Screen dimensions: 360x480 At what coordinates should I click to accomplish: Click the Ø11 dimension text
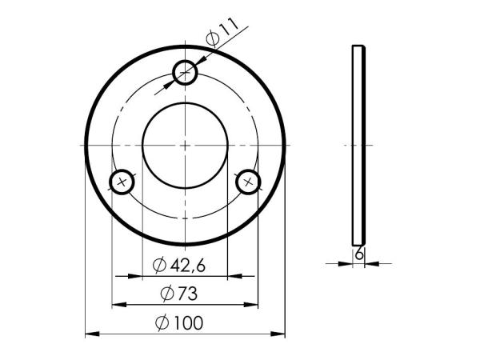click(x=223, y=33)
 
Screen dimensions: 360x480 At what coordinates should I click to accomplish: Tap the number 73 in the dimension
click(x=187, y=294)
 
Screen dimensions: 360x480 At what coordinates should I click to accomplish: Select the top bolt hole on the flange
click(x=185, y=73)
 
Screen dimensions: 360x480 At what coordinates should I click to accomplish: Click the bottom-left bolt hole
click(x=122, y=182)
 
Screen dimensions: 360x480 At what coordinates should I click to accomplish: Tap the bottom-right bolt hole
click(x=248, y=182)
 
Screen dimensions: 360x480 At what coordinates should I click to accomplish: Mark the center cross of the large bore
click(x=185, y=145)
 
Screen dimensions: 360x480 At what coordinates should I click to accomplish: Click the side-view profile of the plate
click(x=359, y=145)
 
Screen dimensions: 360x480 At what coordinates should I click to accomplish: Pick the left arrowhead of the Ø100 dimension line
click(x=90, y=333)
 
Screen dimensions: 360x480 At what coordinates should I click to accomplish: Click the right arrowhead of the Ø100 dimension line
click(x=280, y=333)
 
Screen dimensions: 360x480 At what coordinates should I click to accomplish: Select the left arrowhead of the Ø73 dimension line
click(x=116, y=304)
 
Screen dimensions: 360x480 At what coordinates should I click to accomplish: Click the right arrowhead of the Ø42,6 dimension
click(x=223, y=276)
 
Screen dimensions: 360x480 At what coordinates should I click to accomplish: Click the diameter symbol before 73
click(x=167, y=294)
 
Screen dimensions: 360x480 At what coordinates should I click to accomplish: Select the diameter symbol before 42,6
click(x=159, y=265)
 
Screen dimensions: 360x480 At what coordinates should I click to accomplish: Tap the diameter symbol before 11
click(x=213, y=38)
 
